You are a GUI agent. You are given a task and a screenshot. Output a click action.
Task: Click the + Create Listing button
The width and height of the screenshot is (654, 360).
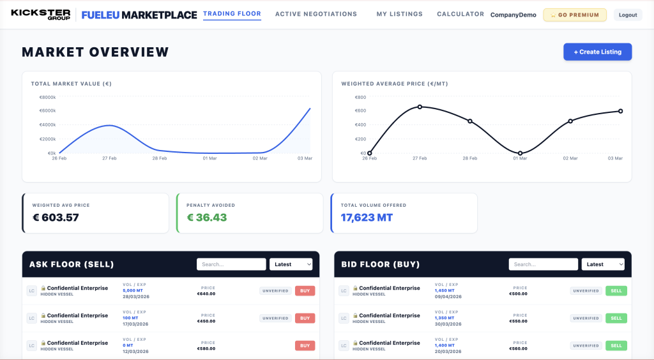597,52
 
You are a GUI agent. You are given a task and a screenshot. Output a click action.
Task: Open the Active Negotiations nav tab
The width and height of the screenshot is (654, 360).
316,14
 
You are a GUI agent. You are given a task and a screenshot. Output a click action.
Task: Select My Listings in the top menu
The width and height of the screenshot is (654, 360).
399,14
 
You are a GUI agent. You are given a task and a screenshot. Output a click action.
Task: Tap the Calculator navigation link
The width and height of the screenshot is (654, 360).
460,14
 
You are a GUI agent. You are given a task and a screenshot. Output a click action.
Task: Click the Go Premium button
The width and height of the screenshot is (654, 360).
575,15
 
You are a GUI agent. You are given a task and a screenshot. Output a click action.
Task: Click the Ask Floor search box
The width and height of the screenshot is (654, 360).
231,264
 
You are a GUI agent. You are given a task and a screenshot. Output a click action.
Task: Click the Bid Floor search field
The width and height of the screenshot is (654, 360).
543,264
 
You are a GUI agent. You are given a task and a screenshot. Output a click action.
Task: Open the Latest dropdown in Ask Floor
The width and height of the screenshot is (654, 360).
291,264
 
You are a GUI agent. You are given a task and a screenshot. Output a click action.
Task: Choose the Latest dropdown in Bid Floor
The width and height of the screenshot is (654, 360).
603,264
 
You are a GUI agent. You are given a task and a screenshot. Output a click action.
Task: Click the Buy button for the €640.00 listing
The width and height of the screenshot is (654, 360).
305,291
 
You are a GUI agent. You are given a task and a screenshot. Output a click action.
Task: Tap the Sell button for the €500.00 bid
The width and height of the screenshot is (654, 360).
616,291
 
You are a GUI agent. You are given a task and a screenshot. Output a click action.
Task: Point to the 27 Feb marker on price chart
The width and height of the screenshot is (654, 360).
420,107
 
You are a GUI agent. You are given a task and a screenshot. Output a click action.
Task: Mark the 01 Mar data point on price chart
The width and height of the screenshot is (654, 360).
520,153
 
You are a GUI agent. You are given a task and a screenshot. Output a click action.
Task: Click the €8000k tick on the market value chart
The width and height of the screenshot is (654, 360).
47,97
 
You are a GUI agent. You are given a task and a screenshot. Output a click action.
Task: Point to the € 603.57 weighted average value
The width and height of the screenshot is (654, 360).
56,218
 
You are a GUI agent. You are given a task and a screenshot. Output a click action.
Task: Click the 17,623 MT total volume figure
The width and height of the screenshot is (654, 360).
367,218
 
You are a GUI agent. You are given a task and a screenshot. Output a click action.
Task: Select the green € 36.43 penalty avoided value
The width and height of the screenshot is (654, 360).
206,218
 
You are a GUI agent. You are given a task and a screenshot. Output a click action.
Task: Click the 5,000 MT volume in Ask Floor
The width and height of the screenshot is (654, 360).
133,290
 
